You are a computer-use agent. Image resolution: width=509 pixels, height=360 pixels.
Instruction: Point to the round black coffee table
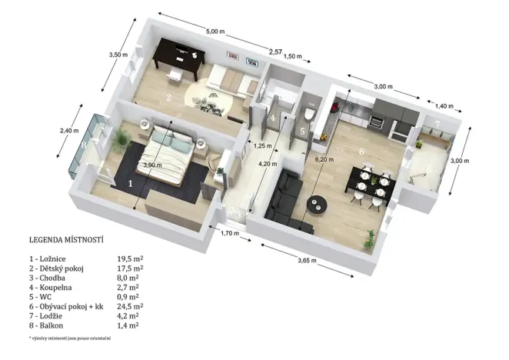[x=318, y=204]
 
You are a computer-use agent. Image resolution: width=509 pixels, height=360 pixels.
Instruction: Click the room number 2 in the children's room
[x=168, y=98]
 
